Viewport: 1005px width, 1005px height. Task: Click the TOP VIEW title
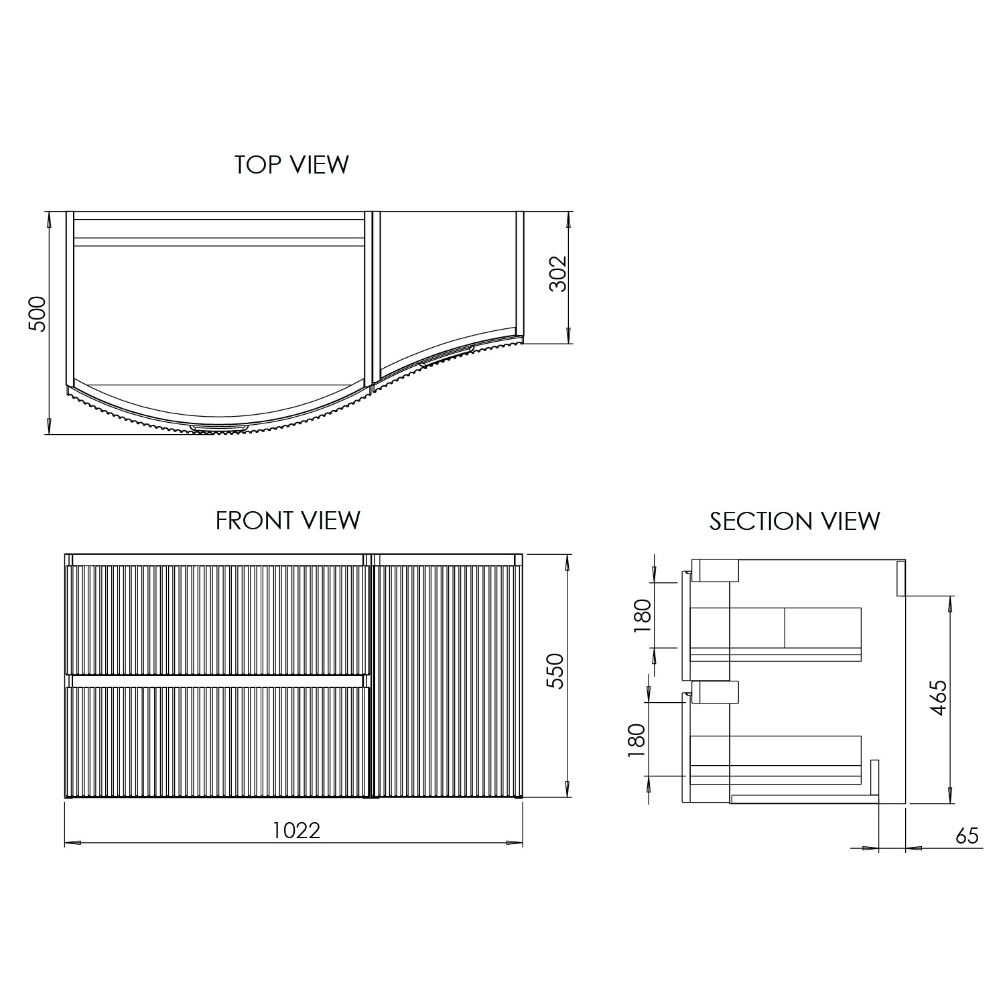click(x=291, y=164)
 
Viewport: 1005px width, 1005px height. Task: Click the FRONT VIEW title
click(x=288, y=521)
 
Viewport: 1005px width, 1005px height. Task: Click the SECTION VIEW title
click(x=795, y=521)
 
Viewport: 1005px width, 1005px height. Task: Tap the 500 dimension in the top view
click(x=38, y=313)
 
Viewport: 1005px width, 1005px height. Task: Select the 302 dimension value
click(x=558, y=273)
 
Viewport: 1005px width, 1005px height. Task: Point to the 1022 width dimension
click(x=296, y=831)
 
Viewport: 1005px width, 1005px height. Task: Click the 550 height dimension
click(x=556, y=671)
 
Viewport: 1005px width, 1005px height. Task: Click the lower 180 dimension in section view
click(x=636, y=740)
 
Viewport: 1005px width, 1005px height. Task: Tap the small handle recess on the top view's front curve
click(x=220, y=427)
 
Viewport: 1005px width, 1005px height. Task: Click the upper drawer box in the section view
click(x=776, y=633)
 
